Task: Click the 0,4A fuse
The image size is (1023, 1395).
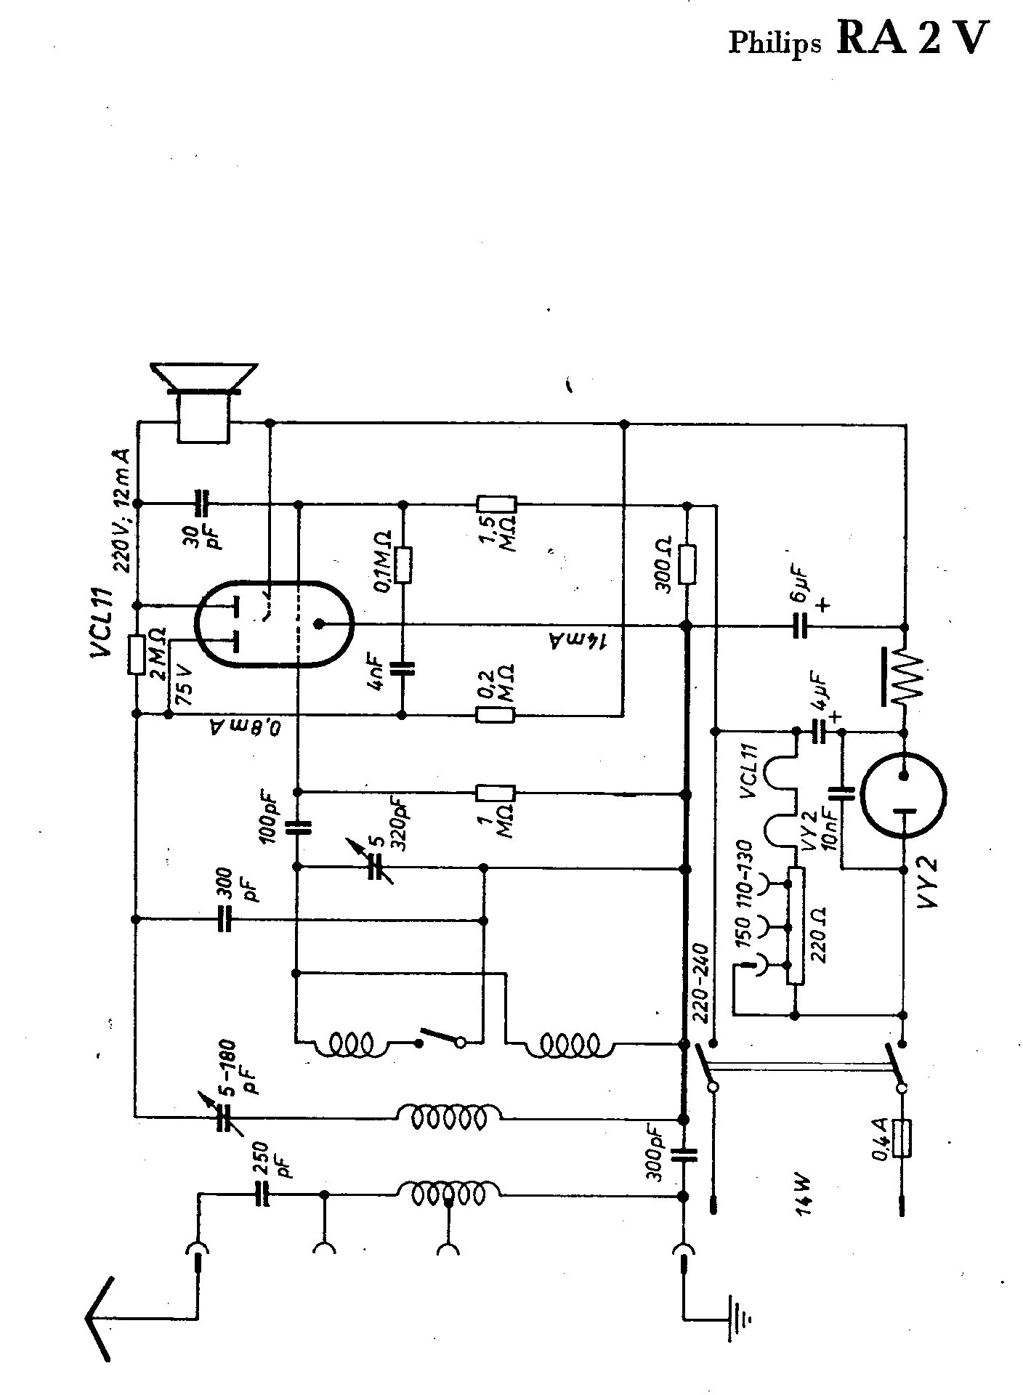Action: (x=903, y=1158)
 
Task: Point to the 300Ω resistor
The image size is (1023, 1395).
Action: (x=685, y=564)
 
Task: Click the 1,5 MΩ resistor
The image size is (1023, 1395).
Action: (x=496, y=504)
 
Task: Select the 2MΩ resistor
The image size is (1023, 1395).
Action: (x=136, y=654)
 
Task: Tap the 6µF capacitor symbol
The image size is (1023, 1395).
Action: (x=800, y=625)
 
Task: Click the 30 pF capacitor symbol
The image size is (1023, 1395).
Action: (x=202, y=503)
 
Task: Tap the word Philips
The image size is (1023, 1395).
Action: (x=775, y=44)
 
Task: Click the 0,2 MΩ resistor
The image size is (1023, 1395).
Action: (x=496, y=715)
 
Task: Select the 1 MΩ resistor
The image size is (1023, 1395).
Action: (x=496, y=792)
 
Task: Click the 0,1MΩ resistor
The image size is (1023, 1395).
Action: (x=404, y=564)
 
